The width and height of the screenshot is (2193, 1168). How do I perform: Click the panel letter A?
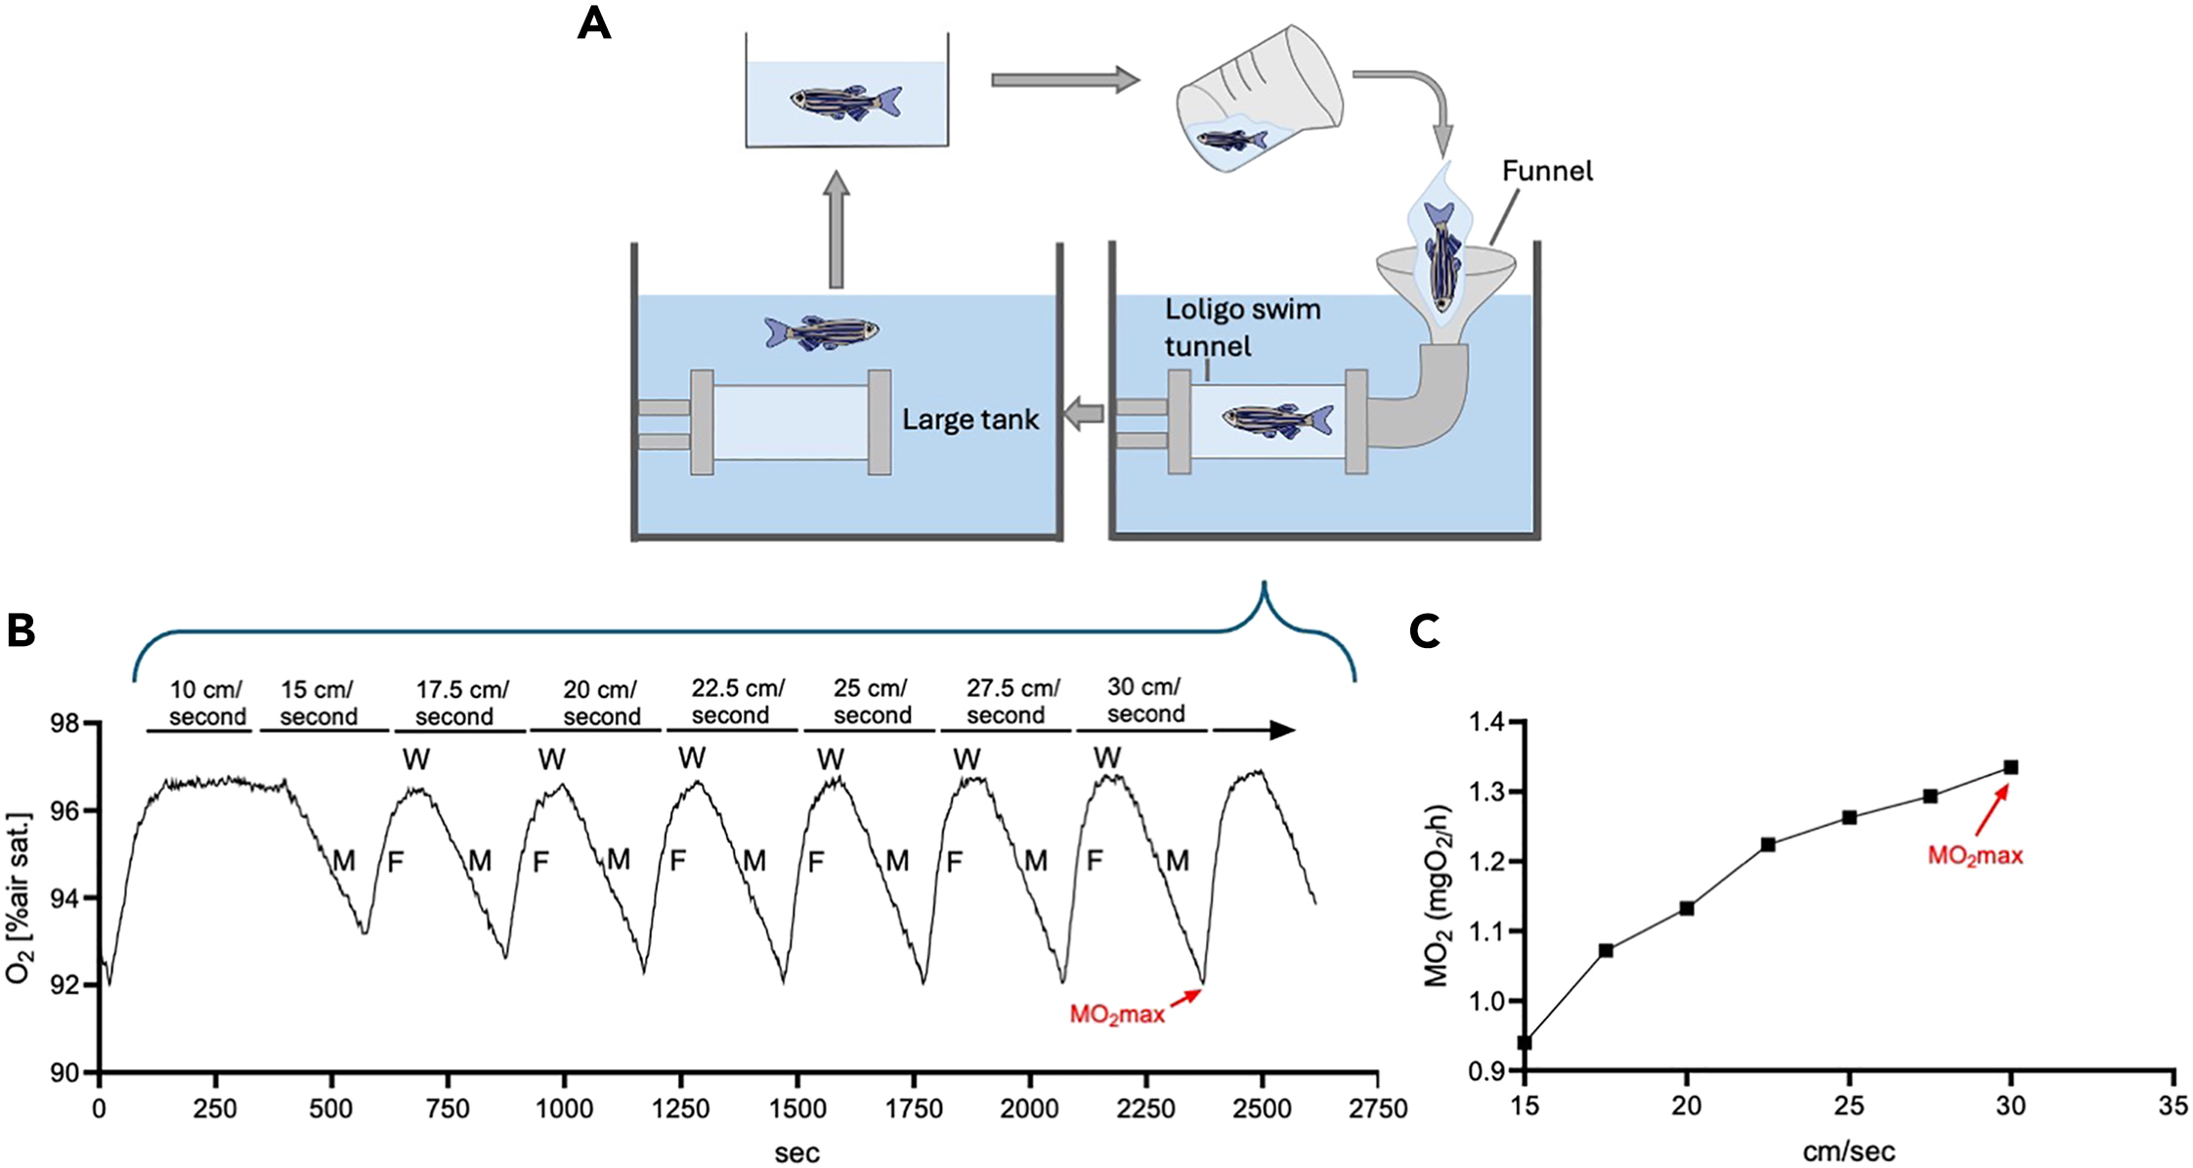(593, 23)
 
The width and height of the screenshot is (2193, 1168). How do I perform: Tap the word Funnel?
(1547, 171)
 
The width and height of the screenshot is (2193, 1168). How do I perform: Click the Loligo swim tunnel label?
(1242, 327)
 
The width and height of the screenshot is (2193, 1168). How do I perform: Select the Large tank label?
(970, 420)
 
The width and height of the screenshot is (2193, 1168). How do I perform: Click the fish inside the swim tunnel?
(1277, 419)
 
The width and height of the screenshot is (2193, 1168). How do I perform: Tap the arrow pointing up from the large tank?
(836, 230)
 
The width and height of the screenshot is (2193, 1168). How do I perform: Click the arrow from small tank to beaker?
(1065, 80)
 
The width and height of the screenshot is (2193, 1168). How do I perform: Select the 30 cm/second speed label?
(1145, 700)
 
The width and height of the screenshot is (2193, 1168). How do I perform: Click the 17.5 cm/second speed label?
(460, 703)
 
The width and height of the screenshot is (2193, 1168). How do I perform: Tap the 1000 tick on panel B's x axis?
(565, 1109)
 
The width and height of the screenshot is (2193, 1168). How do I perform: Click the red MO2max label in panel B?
(1117, 1015)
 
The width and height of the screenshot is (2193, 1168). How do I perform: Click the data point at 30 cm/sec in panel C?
(2010, 767)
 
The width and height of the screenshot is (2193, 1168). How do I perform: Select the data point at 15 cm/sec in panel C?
(1525, 1043)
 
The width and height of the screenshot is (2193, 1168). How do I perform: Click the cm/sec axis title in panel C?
(1848, 1151)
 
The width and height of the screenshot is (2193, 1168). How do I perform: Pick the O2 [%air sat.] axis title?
(20, 897)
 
